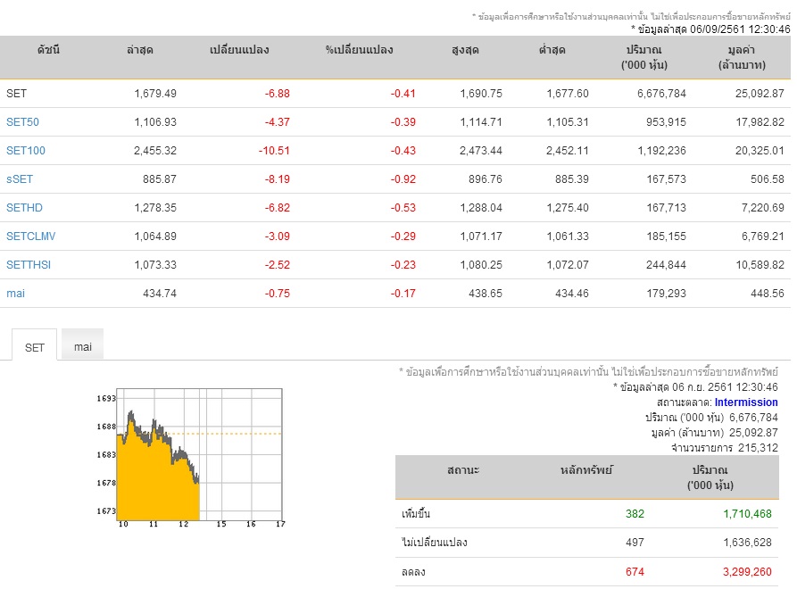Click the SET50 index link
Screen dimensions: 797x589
coord(22,122)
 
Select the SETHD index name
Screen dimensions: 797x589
coord(24,208)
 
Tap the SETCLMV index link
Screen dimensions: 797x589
coord(31,236)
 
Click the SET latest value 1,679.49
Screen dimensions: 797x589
coord(155,94)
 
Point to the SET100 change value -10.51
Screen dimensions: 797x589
coord(274,151)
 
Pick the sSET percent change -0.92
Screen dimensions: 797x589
coord(403,179)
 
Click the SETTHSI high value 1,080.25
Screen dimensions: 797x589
coord(481,265)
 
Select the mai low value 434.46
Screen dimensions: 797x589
coord(572,294)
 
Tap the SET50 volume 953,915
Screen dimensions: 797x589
coord(666,122)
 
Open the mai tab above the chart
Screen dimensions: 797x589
coord(83,346)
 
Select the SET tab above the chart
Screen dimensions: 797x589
coord(35,348)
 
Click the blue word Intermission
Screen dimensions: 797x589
coord(746,402)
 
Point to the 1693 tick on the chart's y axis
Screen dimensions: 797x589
coord(106,398)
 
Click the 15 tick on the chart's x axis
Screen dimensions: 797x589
coord(221,524)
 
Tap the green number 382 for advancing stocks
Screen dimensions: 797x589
coord(635,514)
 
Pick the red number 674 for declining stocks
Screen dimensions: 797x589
coord(635,572)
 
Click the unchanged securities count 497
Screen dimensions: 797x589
coord(635,543)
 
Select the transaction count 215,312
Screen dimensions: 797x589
coord(758,448)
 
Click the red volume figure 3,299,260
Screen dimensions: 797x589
coord(747,572)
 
